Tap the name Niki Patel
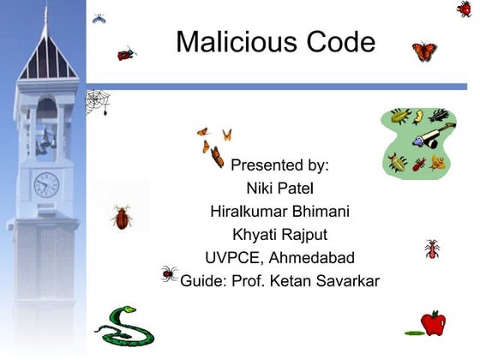pos(279,187)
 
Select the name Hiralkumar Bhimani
pos(279,211)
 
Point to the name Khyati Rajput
pos(279,234)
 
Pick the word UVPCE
pos(233,257)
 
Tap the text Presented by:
pos(279,164)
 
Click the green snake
pos(124,324)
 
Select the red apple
pos(433,323)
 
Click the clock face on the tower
pos(46,183)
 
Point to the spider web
pos(98,103)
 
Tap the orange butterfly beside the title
pos(424,51)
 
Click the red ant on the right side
pos(431,249)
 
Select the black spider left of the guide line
pos(169,273)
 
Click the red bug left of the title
pos(128,53)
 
